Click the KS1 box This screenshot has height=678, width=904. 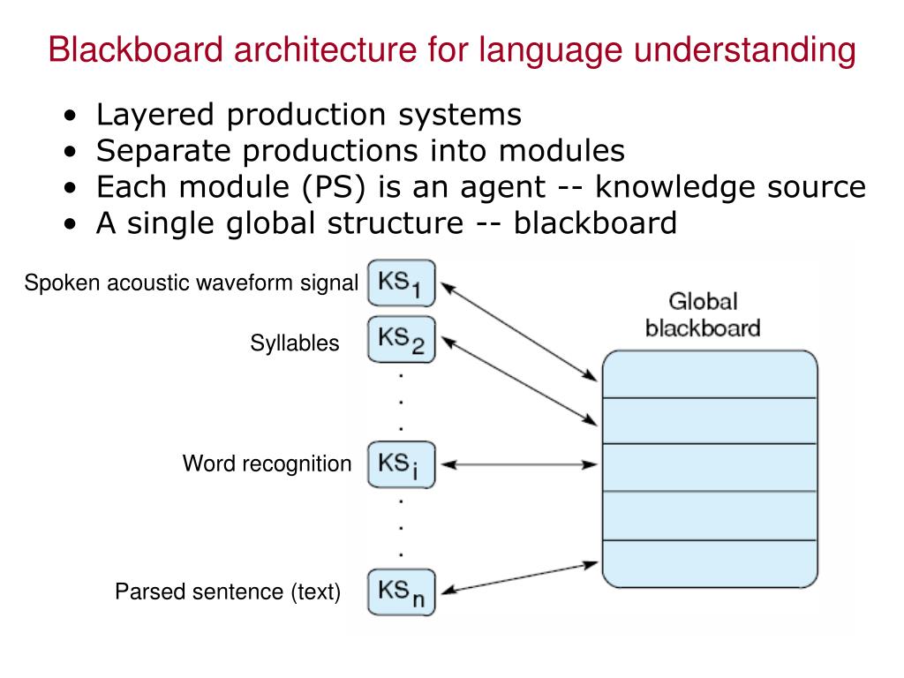[x=401, y=283]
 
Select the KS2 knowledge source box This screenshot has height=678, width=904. [x=401, y=339]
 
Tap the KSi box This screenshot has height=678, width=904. [x=401, y=464]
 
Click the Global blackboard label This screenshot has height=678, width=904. [x=703, y=315]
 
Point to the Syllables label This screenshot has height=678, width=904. [x=295, y=343]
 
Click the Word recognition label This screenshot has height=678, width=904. [x=267, y=463]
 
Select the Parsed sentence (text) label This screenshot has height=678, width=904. [x=228, y=591]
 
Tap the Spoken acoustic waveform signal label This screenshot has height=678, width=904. [x=192, y=283]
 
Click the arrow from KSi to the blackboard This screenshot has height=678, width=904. [x=519, y=464]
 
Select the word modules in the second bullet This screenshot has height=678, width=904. [x=561, y=151]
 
